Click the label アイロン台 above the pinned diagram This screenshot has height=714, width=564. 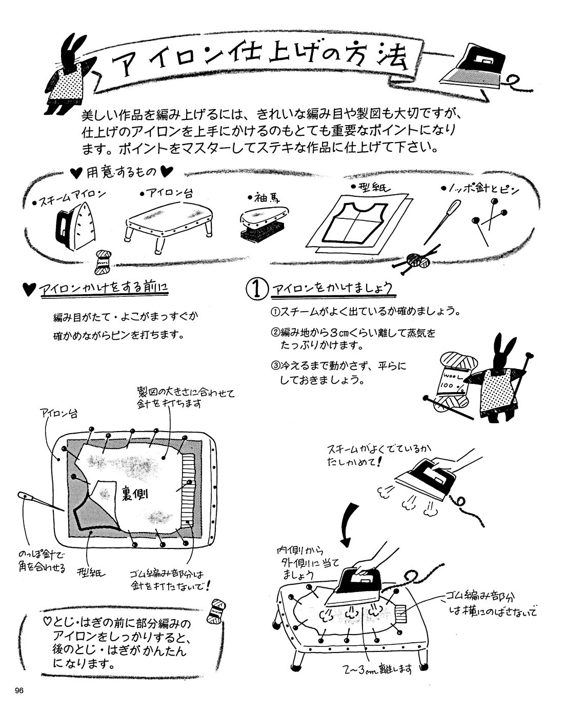(58, 414)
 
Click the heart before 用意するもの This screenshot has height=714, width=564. (76, 173)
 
